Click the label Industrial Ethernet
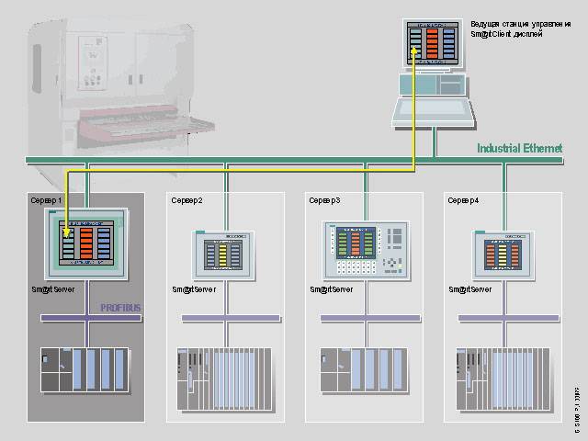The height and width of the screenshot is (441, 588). tap(519, 148)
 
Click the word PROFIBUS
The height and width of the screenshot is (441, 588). tap(120, 309)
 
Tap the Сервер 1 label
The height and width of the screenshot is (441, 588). tap(47, 199)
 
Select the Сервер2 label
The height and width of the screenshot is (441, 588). tap(186, 199)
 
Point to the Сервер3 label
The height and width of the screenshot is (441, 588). tap(324, 199)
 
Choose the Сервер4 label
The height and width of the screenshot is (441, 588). tap(463, 199)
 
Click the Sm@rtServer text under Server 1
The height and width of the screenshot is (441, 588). tap(53, 289)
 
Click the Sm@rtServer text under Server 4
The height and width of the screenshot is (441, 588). tap(469, 289)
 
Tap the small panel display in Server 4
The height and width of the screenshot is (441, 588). tap(503, 253)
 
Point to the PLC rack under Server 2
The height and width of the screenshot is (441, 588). tap(225, 376)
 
